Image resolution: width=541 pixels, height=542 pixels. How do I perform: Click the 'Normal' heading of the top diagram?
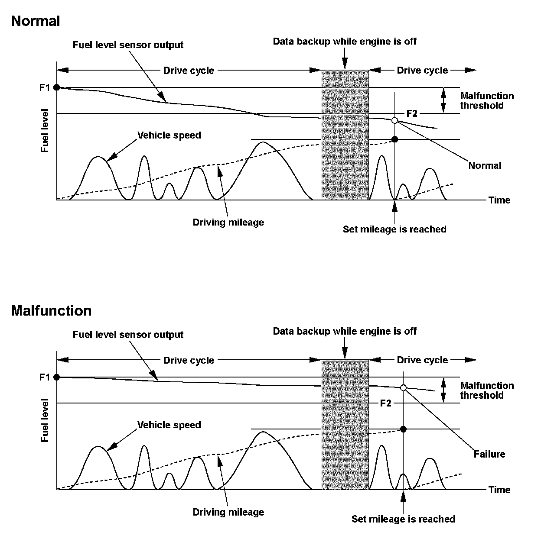[x=36, y=21]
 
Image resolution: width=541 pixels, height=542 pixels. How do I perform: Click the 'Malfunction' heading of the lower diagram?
[x=52, y=311]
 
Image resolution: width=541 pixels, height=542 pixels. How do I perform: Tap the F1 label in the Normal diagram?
[x=45, y=87]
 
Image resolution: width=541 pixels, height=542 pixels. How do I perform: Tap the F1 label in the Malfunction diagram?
[x=45, y=377]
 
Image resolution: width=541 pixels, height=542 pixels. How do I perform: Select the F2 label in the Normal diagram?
[x=411, y=113]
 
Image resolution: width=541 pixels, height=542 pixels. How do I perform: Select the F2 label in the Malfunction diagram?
[x=385, y=403]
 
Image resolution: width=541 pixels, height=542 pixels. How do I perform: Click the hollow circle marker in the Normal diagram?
[x=394, y=120]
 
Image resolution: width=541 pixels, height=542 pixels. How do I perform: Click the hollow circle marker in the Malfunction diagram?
[x=403, y=388]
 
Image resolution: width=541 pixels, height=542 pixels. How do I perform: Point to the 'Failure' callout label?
[x=489, y=454]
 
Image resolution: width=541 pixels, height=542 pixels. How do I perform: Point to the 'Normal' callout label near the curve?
[x=485, y=165]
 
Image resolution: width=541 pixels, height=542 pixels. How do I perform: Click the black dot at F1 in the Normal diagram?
[x=56, y=87]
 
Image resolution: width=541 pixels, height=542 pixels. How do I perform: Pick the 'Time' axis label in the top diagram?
[x=499, y=200]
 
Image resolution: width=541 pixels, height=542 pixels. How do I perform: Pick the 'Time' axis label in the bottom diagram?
[x=499, y=490]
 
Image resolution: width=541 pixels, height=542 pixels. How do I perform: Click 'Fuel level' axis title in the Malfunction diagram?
[x=45, y=421]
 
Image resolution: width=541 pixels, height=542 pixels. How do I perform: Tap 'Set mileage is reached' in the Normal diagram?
[x=394, y=229]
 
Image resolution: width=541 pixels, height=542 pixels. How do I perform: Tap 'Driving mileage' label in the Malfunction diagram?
[x=228, y=512]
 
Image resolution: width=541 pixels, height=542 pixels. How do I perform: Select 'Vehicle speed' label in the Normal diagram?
[x=169, y=135]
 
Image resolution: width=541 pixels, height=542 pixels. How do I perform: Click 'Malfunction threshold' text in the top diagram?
[x=486, y=100]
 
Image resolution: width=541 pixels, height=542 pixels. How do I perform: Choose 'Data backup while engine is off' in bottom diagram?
[x=345, y=331]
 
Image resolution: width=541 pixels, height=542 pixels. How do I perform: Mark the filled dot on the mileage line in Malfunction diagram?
[x=403, y=429]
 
